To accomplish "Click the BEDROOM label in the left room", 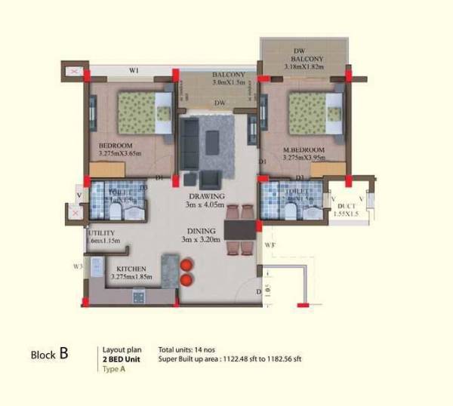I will (x=116, y=145).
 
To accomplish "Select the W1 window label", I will (x=134, y=71).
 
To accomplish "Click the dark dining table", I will (x=237, y=227).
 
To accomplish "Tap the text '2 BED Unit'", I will (x=121, y=360).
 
